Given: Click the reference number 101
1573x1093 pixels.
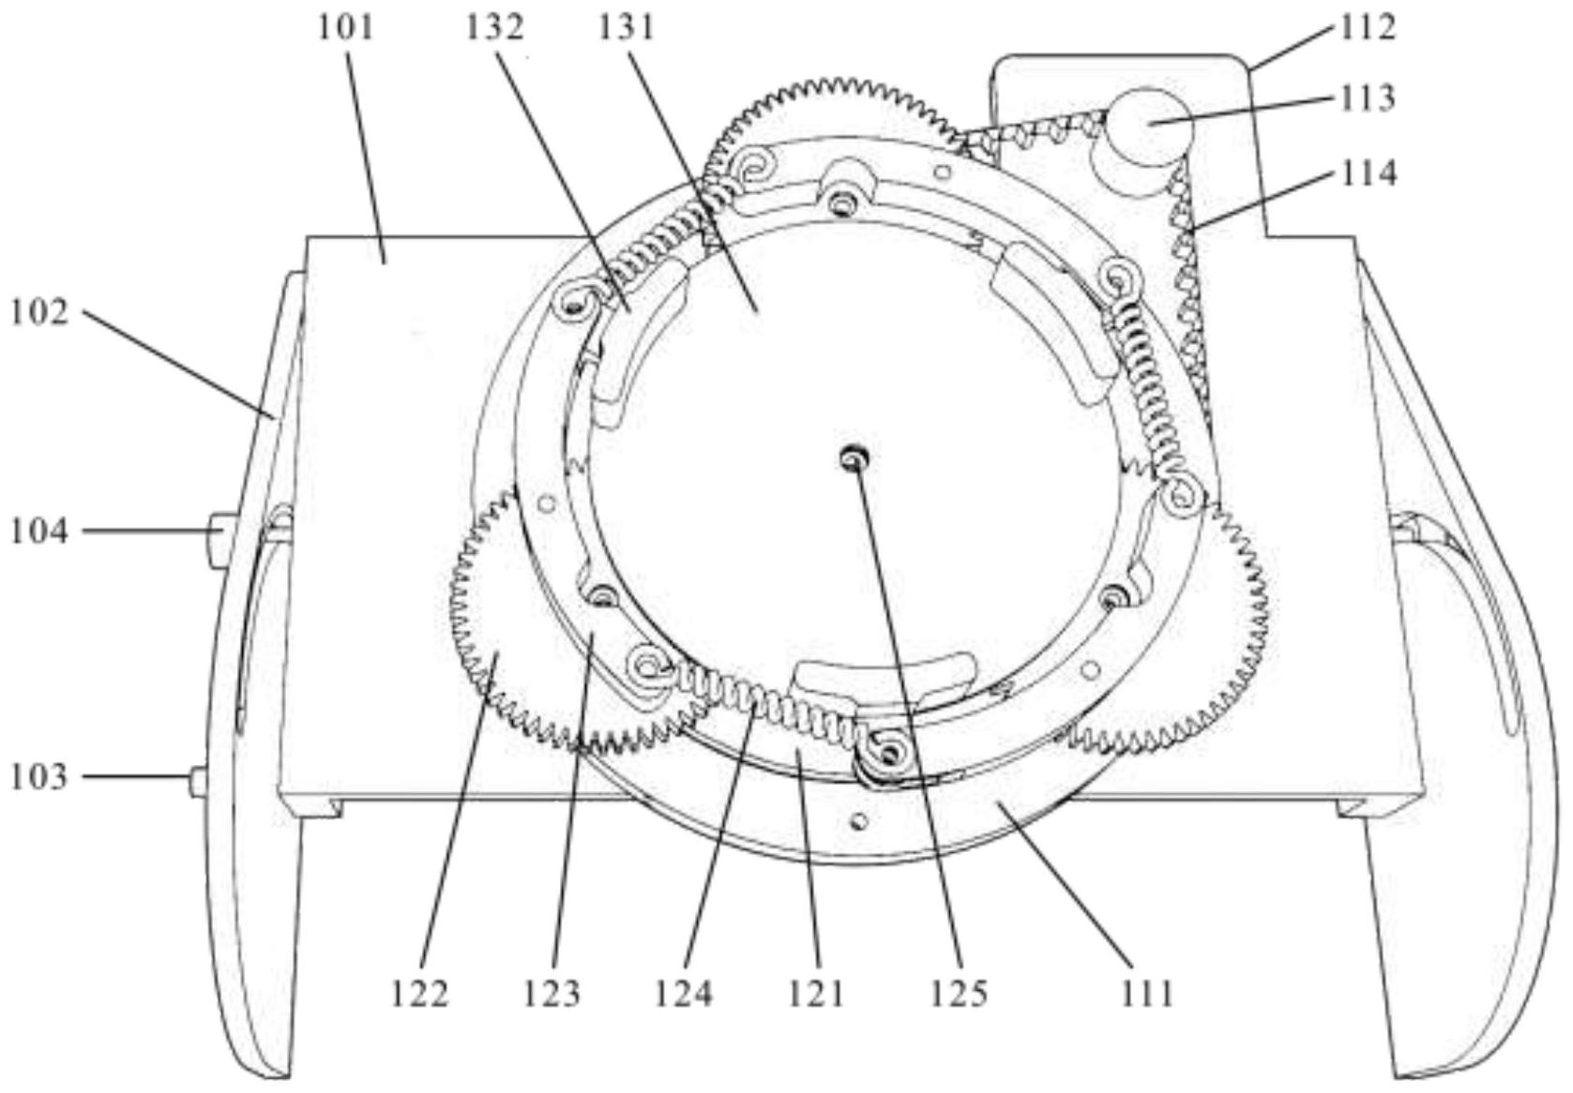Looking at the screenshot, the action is [345, 29].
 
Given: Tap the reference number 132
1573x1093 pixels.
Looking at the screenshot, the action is [494, 29].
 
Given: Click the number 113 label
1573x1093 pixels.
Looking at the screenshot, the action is [1365, 98].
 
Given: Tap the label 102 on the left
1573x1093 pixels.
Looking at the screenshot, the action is [39, 312].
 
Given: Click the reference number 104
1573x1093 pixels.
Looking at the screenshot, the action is [39, 532].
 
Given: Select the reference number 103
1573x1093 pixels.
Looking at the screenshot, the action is [39, 778].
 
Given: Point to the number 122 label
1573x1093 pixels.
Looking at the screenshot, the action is [420, 994].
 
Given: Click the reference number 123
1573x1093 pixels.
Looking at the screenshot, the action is [552, 994].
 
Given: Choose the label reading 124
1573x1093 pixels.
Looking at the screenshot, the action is [684, 994].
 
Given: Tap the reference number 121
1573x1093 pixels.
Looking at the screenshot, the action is [816, 994].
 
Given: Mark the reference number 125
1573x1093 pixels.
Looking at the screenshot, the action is [960, 994].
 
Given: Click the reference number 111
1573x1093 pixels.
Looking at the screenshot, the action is [1147, 994].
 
